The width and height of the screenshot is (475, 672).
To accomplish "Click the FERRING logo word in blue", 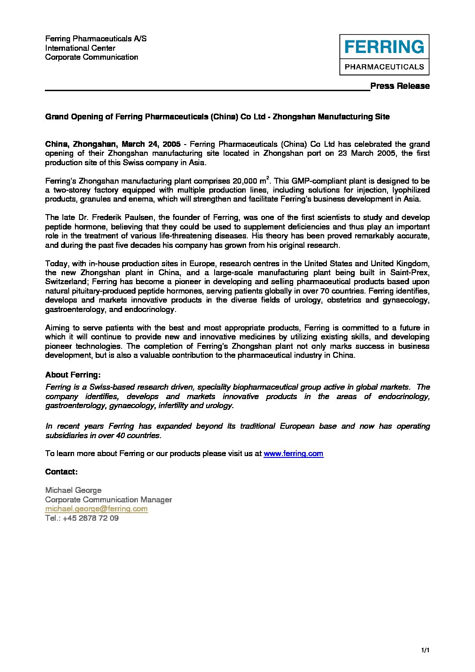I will [x=384, y=47].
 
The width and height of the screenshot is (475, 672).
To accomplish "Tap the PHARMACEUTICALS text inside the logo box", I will [x=384, y=67].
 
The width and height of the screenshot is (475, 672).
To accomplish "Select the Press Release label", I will [x=400, y=86].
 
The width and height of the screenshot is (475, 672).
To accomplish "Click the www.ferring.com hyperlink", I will [x=293, y=453].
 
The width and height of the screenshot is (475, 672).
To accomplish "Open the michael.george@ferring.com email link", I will [x=96, y=509].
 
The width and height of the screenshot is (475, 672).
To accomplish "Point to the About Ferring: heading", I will [x=73, y=375].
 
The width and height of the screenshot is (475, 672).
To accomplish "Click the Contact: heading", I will [x=62, y=472].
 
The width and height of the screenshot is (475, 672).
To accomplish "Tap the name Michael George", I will [x=73, y=490].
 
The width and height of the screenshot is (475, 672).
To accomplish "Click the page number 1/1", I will [x=425, y=650].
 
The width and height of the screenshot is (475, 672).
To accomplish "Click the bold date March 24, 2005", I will [x=151, y=144].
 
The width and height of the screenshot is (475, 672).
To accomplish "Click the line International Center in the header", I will [x=80, y=48].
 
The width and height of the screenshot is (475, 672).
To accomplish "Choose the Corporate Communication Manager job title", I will [x=108, y=500].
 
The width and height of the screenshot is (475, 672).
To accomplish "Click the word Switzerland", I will [x=66, y=282].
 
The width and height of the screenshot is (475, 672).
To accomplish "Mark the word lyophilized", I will [x=410, y=190].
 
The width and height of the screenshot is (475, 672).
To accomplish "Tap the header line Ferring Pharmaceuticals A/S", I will [x=96, y=39].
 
